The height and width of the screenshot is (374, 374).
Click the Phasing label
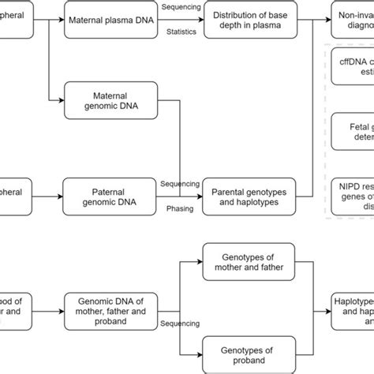click(179, 210)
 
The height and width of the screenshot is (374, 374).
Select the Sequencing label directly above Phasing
click(180, 184)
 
